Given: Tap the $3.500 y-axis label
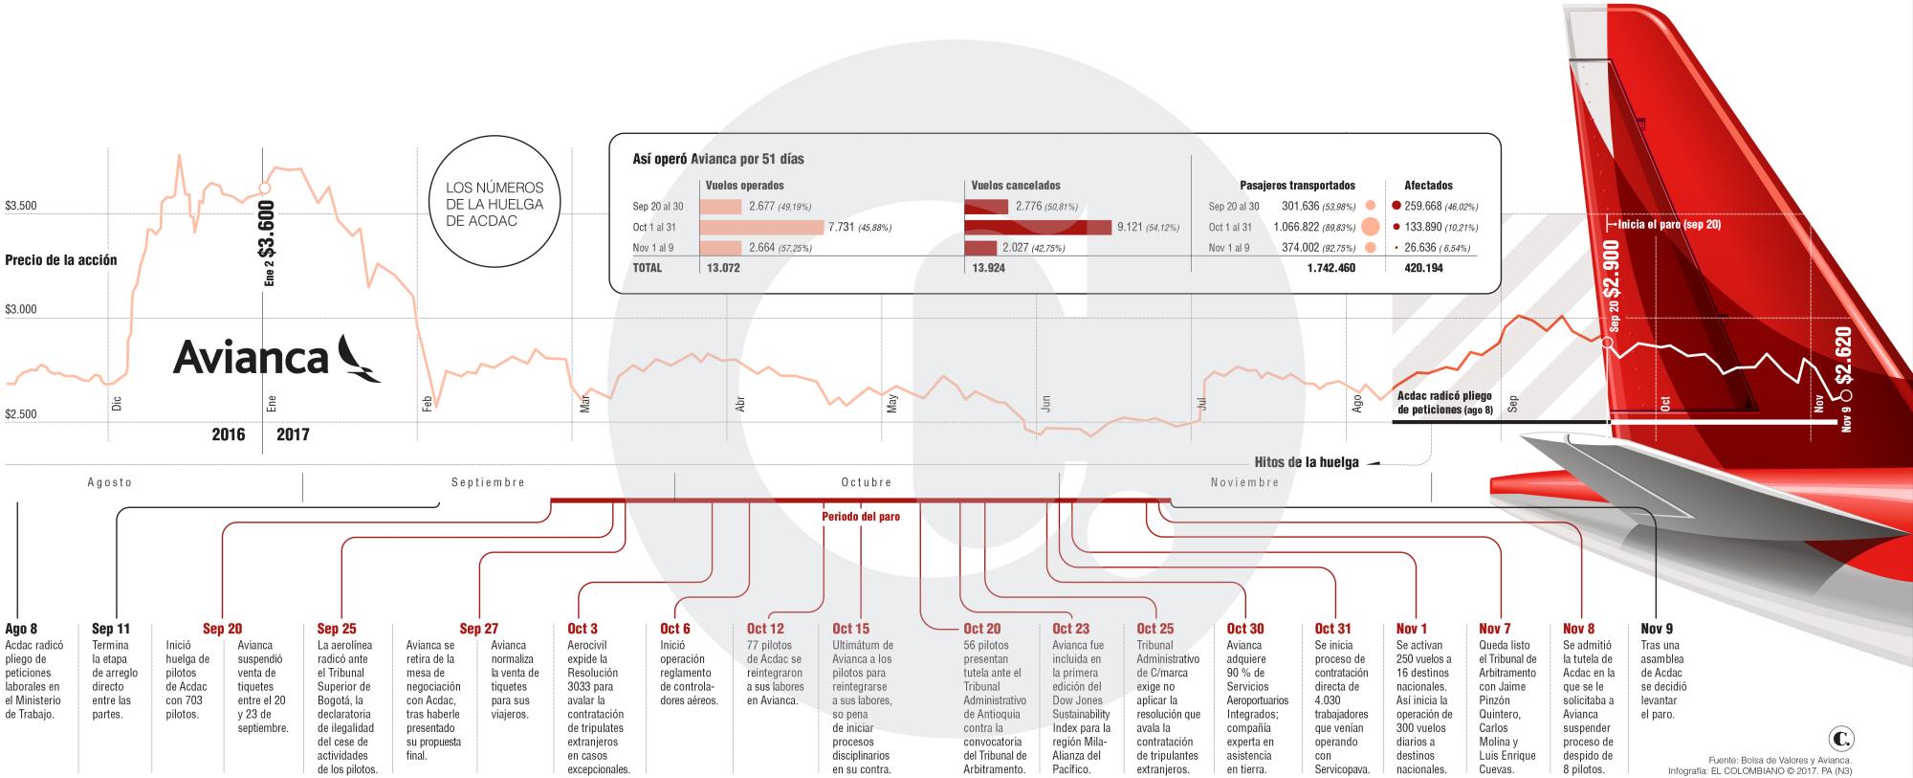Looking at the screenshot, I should coord(21,206).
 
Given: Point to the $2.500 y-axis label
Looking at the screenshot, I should coord(21,414).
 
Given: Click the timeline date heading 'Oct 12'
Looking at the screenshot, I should coord(765,629).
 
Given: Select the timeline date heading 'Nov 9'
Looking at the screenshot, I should coord(1657,629).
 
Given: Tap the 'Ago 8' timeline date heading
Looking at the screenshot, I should coord(21,629).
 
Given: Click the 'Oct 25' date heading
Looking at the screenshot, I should coord(1154,629).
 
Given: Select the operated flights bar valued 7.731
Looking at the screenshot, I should coord(761,228).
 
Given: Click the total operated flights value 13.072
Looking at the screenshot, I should coord(723,269).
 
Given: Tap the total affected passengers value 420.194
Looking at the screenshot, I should coord(1423,269).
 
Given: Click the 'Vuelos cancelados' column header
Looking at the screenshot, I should coord(1016,186).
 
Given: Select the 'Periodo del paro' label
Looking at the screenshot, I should coord(861,517).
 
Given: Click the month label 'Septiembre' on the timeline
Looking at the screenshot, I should coord(488,482).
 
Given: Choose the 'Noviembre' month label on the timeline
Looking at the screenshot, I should coord(1244,482).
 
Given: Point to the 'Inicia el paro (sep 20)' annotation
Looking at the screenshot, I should coord(1669,224).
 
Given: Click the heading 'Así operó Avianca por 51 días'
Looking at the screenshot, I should coord(718,159).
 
